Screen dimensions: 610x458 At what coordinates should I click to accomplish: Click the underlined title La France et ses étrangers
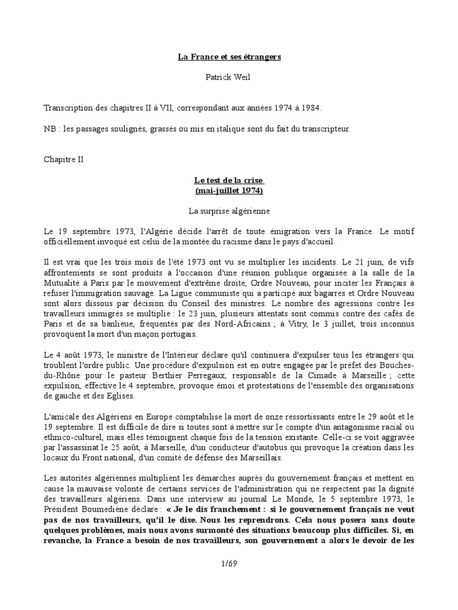click(229, 57)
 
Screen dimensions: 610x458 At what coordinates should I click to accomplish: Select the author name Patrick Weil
click(229, 77)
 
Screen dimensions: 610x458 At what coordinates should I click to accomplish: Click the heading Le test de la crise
click(229, 180)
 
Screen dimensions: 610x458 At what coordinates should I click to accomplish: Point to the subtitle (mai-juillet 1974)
click(229, 191)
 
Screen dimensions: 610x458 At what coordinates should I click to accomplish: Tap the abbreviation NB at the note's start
click(50, 129)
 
